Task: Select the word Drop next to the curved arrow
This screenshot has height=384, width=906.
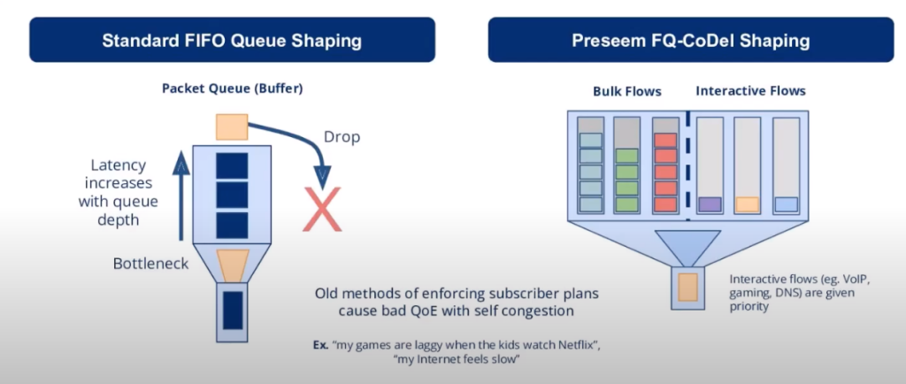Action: pyautogui.click(x=341, y=138)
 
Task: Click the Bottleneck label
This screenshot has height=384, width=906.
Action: pyautogui.click(x=150, y=264)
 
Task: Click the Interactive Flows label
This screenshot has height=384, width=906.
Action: pyautogui.click(x=750, y=91)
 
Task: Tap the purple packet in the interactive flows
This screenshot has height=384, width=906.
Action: pyautogui.click(x=710, y=204)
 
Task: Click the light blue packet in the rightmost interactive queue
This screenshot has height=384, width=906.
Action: pyautogui.click(x=787, y=204)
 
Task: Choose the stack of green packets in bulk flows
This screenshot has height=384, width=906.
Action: pyautogui.click(x=626, y=180)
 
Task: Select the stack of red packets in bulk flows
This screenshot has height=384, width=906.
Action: pyautogui.click(x=664, y=172)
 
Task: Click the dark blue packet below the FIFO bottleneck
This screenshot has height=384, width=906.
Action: pyautogui.click(x=233, y=310)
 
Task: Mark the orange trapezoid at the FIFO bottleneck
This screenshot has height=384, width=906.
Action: pyautogui.click(x=233, y=264)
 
